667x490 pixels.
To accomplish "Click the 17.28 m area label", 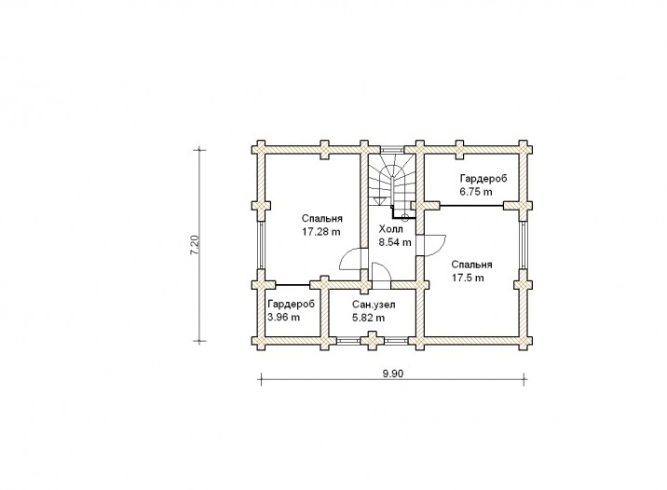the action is pyautogui.click(x=321, y=232).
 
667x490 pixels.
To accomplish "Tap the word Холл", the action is pyautogui.click(x=391, y=230).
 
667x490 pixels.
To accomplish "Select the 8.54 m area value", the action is pyautogui.click(x=395, y=242).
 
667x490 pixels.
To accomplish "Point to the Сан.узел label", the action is pyautogui.click(x=374, y=305).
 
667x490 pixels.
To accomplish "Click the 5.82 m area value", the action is pyautogui.click(x=368, y=318).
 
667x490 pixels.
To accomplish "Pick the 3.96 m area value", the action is pyautogui.click(x=284, y=318).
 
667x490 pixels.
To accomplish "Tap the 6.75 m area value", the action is pyautogui.click(x=476, y=191).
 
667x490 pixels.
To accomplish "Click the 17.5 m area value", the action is pyautogui.click(x=468, y=278).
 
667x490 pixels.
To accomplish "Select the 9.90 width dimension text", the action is pyautogui.click(x=392, y=374).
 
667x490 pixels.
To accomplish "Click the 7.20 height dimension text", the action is pyautogui.click(x=195, y=245).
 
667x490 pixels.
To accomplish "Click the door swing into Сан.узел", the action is pyautogui.click(x=381, y=271).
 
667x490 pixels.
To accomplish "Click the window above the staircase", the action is pyautogui.click(x=391, y=150).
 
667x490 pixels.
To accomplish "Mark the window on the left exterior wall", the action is pyautogui.click(x=261, y=245).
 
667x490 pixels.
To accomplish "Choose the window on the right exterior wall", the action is pyautogui.click(x=523, y=245).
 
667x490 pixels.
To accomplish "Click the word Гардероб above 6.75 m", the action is pyautogui.click(x=483, y=179).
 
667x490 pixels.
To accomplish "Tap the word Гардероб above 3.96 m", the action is pyautogui.click(x=292, y=305).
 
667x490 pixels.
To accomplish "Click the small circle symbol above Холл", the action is pyautogui.click(x=405, y=217).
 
